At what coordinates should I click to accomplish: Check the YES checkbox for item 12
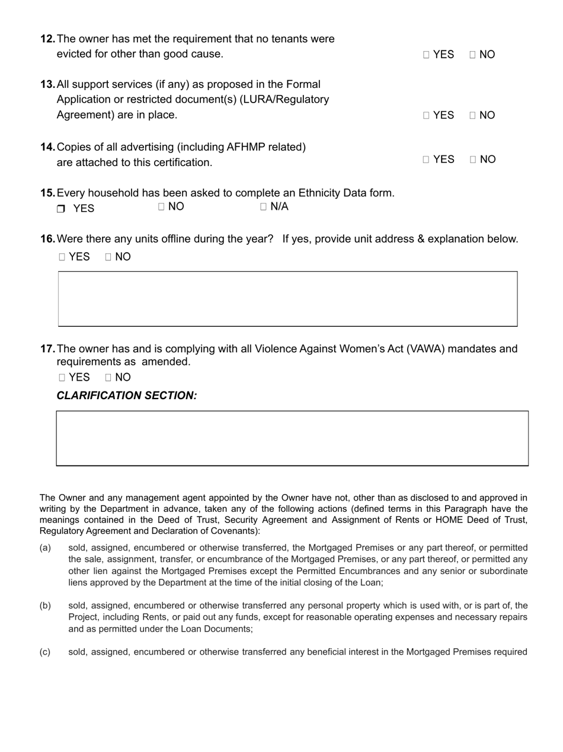[427, 55]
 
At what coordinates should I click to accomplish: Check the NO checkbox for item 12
[473, 55]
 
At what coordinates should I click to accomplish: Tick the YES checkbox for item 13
[427, 115]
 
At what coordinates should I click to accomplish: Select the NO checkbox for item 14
[473, 160]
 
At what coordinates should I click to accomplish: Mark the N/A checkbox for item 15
[263, 207]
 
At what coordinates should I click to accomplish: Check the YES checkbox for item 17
[62, 378]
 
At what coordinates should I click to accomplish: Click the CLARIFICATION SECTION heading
[127, 396]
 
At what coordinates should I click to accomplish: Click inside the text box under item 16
[287, 299]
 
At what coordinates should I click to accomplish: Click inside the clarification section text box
[292, 438]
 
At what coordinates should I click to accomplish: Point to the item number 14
[47, 146]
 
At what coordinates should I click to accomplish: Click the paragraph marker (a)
[45, 548]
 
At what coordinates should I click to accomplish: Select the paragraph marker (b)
[45, 606]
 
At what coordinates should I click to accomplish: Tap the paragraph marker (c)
[45, 652]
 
